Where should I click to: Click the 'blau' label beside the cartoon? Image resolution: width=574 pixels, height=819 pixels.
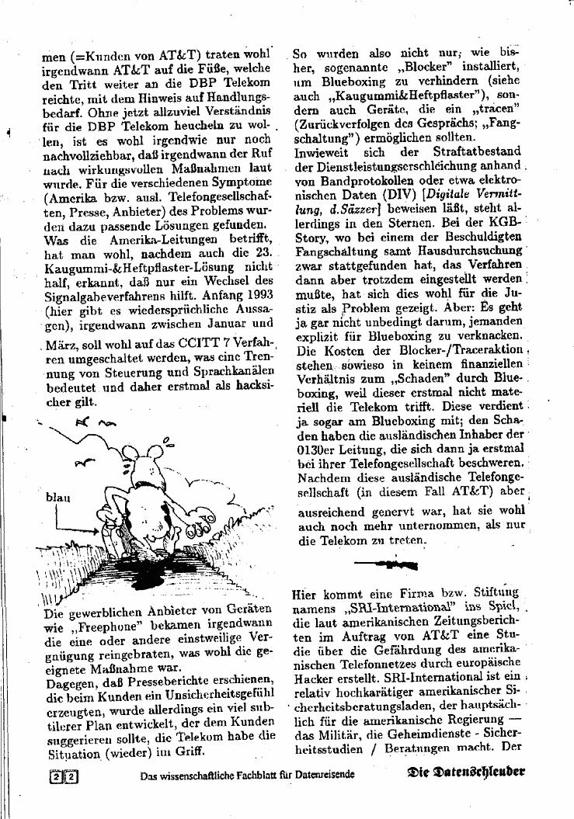[57, 498]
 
